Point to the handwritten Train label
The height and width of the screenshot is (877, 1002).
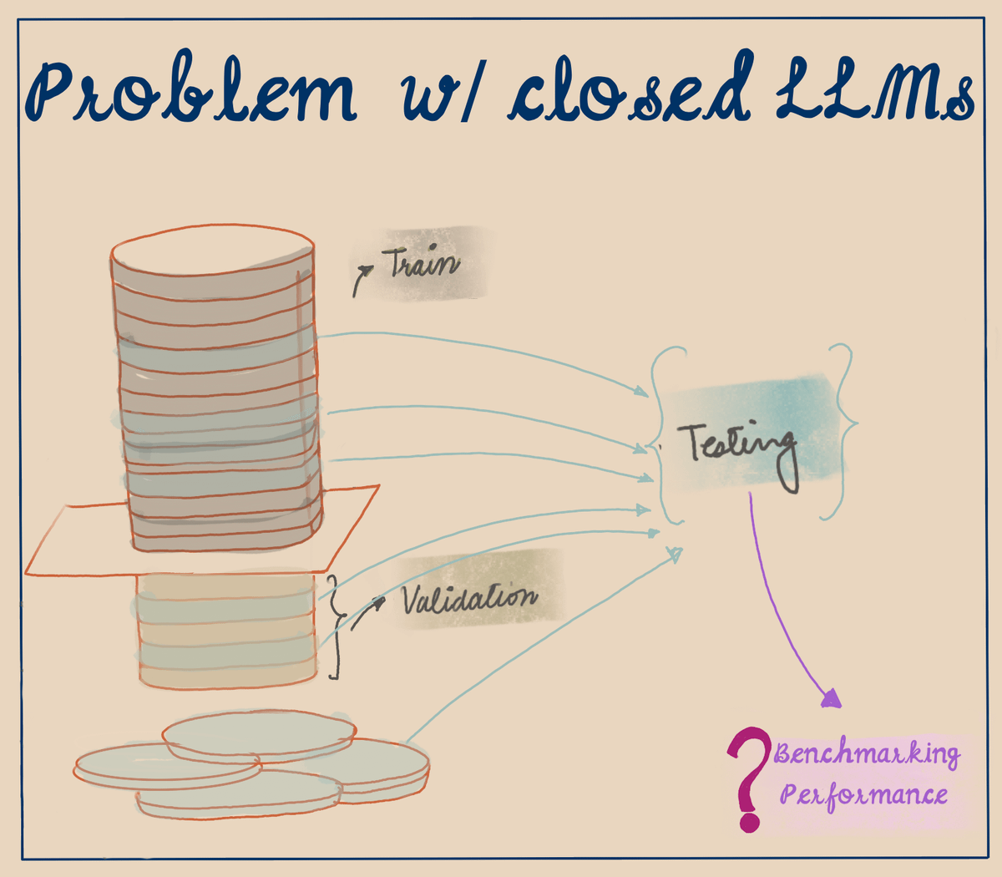[422, 263]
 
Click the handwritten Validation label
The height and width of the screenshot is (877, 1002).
[469, 597]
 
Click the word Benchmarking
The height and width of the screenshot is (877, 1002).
[867, 754]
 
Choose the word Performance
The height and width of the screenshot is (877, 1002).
[863, 793]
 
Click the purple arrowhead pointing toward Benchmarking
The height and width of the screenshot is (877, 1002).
[831, 697]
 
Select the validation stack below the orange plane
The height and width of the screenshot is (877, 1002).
[225, 631]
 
